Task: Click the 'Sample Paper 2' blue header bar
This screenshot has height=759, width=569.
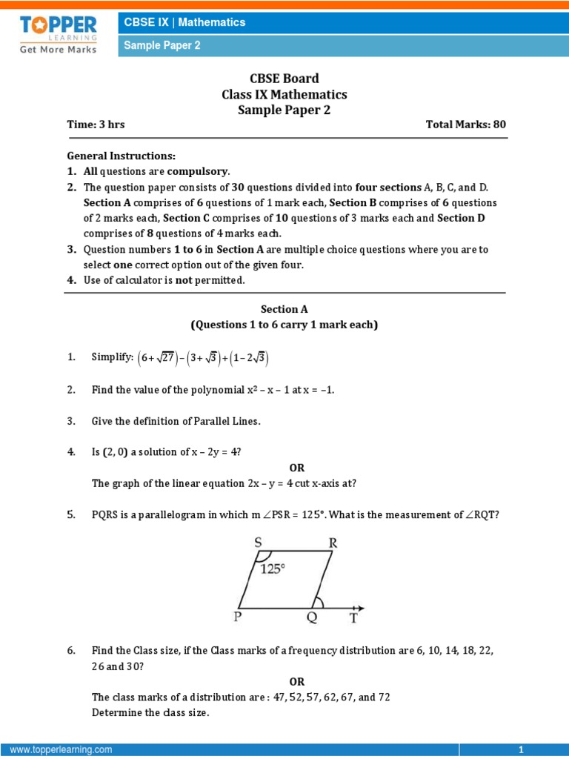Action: click(341, 46)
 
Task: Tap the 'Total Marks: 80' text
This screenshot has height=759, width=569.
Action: click(465, 125)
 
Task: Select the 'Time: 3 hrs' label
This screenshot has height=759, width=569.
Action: click(96, 125)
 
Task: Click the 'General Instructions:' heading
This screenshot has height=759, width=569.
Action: click(122, 156)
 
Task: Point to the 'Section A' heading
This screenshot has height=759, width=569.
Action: click(284, 309)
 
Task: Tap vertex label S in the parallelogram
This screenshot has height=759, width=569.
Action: click(259, 543)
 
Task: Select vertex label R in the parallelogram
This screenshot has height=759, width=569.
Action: click(333, 543)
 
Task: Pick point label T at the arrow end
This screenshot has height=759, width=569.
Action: click(354, 617)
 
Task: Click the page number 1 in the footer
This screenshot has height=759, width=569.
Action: click(521, 750)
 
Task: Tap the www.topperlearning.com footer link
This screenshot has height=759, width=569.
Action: click(61, 750)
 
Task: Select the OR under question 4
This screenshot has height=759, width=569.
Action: click(296, 468)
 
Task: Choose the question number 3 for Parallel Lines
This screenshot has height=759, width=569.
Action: click(71, 421)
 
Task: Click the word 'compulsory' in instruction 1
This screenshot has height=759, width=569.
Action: click(202, 171)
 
